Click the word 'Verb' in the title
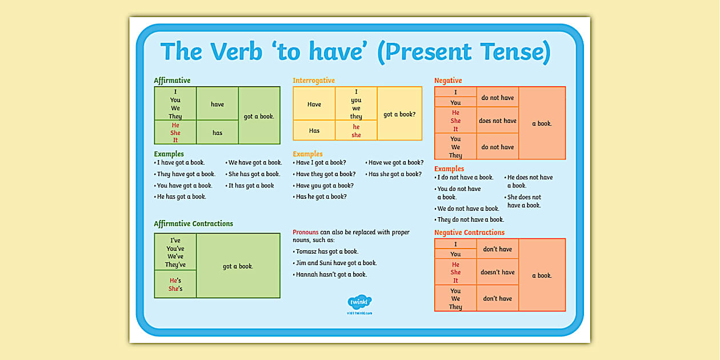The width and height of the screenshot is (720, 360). click(x=235, y=53)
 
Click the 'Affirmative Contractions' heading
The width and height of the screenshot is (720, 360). click(x=193, y=224)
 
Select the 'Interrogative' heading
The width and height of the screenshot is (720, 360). click(x=314, y=81)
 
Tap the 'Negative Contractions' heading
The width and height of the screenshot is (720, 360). click(x=469, y=233)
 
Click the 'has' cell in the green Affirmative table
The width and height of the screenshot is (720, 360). click(x=217, y=133)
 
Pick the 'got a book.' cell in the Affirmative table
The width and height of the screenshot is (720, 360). click(x=259, y=116)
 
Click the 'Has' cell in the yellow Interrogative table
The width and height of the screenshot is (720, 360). click(x=314, y=131)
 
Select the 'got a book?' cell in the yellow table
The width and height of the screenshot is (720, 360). click(x=399, y=114)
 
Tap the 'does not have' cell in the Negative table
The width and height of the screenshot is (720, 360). click(x=497, y=121)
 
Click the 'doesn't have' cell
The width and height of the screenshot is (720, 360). click(x=497, y=273)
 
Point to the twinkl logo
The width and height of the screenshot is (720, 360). click(x=359, y=302)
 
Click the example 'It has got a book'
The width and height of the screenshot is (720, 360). click(x=251, y=186)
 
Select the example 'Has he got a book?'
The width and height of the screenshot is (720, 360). click(x=321, y=197)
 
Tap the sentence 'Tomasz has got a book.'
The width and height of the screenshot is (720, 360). click(x=327, y=252)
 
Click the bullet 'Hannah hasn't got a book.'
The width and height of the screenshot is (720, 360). click(x=331, y=275)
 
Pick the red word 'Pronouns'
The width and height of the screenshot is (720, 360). click(x=305, y=233)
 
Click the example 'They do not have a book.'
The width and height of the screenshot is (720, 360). click(x=470, y=220)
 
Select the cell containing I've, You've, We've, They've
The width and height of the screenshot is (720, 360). click(x=175, y=253)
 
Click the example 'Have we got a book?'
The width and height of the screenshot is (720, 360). click(x=396, y=163)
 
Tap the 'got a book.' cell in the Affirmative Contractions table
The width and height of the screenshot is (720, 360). click(x=238, y=266)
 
